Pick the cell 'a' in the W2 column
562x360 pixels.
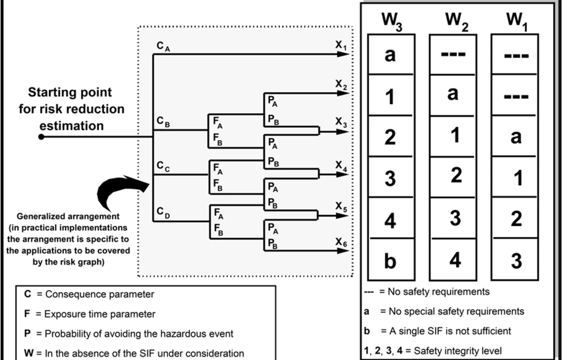pyautogui.click(x=453, y=94)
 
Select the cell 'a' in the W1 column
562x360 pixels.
pyautogui.click(x=515, y=137)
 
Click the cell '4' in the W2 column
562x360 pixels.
pyautogui.click(x=455, y=260)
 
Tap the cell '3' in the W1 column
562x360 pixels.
pyautogui.click(x=516, y=260)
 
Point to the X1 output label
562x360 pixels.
pyautogui.click(x=341, y=45)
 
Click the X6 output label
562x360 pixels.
pyautogui.click(x=341, y=242)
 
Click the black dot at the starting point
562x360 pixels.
pyautogui.click(x=41, y=137)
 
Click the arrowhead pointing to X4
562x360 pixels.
pyautogui.click(x=342, y=174)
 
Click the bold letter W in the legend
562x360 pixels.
pyautogui.click(x=28, y=353)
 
